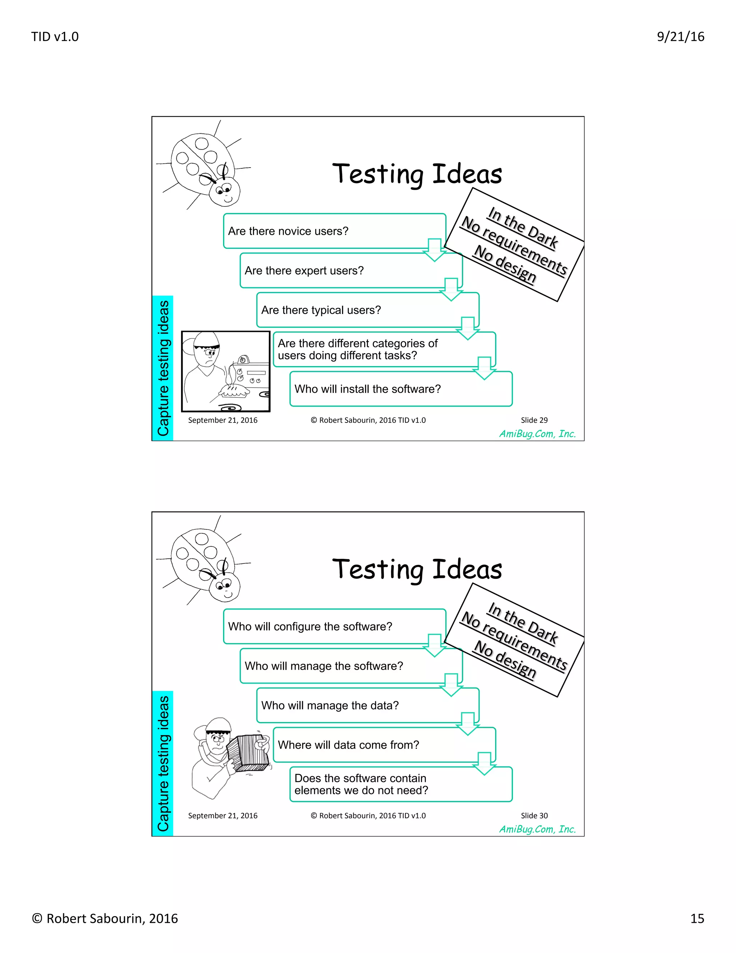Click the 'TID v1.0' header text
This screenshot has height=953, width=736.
pos(55,37)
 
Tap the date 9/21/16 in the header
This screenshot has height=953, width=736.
pos(680,37)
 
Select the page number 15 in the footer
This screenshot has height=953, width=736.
pos(697,918)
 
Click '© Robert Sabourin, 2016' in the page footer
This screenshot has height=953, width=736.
pos(105,918)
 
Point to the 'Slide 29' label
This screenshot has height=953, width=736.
pos(534,420)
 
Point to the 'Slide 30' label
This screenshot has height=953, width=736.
pos(534,816)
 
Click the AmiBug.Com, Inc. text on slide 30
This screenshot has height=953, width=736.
pos(537,829)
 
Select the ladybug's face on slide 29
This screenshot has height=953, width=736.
pos(224,192)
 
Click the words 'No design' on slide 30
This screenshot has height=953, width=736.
pos(505,659)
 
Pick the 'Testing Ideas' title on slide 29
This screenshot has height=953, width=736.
pos(417,174)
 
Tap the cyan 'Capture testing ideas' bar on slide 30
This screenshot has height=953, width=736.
pos(163,763)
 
